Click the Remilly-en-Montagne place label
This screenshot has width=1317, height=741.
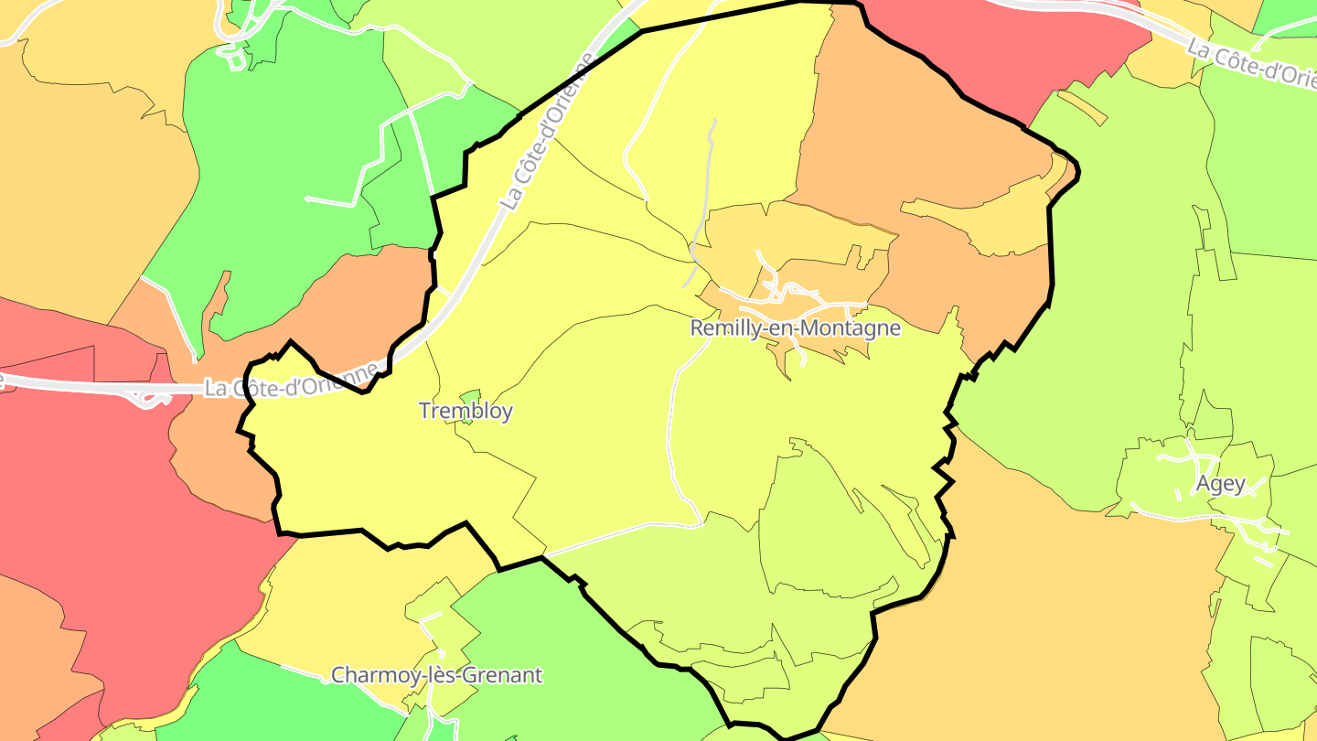[x=795, y=328]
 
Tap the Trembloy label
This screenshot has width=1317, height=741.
[x=466, y=411]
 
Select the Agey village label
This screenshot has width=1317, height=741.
[x=1221, y=484]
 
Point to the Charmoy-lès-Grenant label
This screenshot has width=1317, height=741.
[x=436, y=676]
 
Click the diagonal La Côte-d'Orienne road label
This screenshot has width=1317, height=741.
[x=547, y=133]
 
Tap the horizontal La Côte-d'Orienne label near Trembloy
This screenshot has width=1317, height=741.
[x=291, y=381]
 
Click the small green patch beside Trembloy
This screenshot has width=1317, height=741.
[x=471, y=397]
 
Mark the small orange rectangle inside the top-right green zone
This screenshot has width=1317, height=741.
[x=1083, y=107]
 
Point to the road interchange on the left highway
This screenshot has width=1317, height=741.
[x=146, y=397]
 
